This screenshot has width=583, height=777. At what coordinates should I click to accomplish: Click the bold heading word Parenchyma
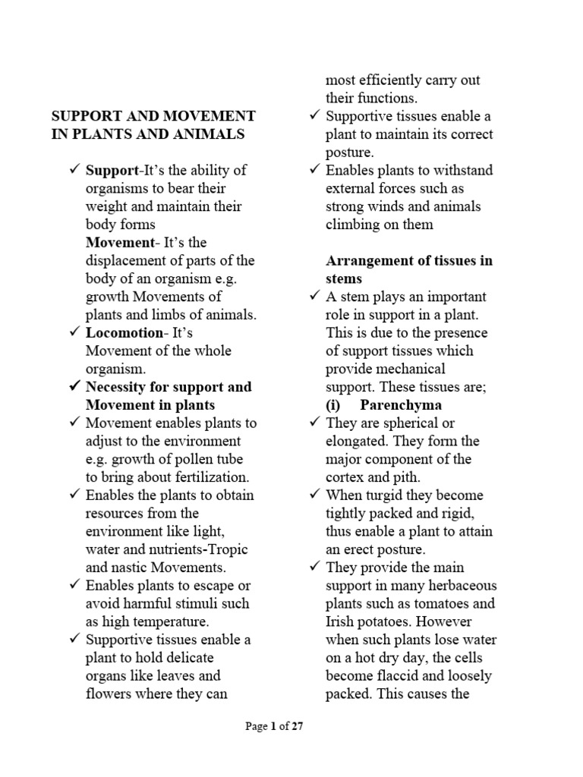point(400,405)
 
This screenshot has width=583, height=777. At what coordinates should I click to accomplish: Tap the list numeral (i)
point(335,405)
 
